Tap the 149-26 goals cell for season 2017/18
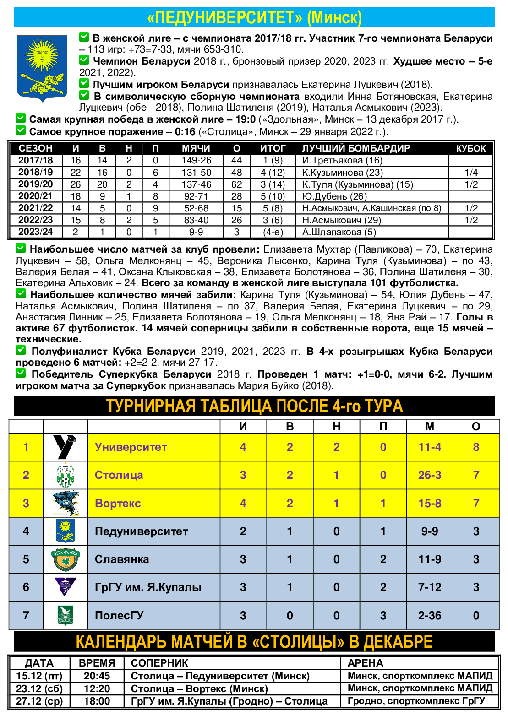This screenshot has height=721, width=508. [196, 160]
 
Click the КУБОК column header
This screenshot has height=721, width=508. [471, 148]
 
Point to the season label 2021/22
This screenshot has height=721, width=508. [36, 208]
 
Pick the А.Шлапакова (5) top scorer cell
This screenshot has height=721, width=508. [339, 232]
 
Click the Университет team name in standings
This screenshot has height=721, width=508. [131, 447]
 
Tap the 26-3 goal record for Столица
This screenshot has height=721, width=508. [429, 475]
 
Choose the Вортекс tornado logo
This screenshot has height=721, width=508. [66, 503]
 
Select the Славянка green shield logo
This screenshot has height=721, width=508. [66, 559]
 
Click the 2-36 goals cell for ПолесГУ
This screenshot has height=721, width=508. [429, 616]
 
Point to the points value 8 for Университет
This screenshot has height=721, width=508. [476, 447]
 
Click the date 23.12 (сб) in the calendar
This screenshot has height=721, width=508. [39, 688]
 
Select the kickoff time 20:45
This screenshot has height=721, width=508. [97, 676]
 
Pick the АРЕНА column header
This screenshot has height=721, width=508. [366, 663]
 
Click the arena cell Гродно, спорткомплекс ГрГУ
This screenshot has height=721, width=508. [416, 701]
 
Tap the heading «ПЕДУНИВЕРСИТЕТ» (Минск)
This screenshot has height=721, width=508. [254, 17]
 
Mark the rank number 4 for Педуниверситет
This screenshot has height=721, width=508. [26, 531]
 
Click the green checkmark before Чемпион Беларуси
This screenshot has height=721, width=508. [84, 60]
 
